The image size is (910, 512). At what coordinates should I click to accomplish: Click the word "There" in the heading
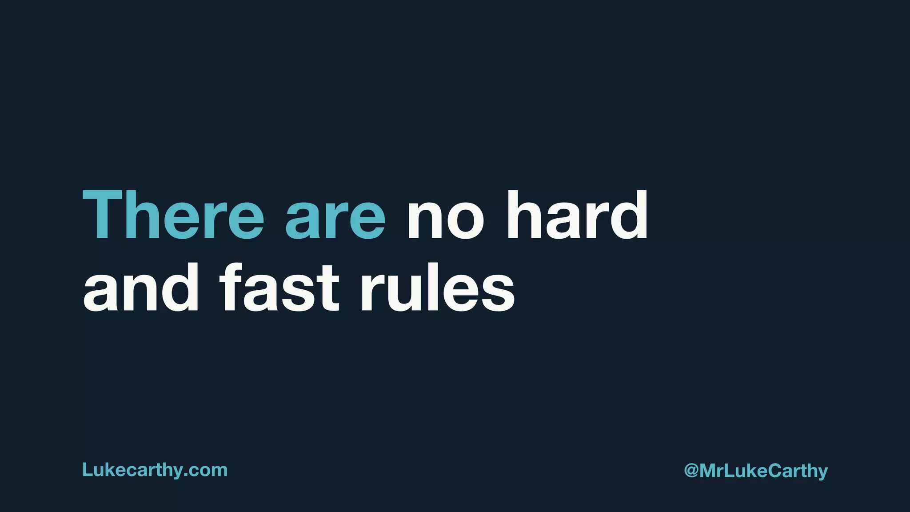(x=173, y=216)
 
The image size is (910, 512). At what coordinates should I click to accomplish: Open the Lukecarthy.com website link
(x=155, y=470)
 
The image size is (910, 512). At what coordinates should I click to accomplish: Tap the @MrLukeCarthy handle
(x=756, y=471)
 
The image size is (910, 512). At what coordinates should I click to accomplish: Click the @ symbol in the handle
(x=691, y=471)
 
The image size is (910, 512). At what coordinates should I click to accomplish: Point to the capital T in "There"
(x=102, y=216)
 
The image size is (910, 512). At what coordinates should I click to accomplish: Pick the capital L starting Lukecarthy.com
(x=87, y=470)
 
